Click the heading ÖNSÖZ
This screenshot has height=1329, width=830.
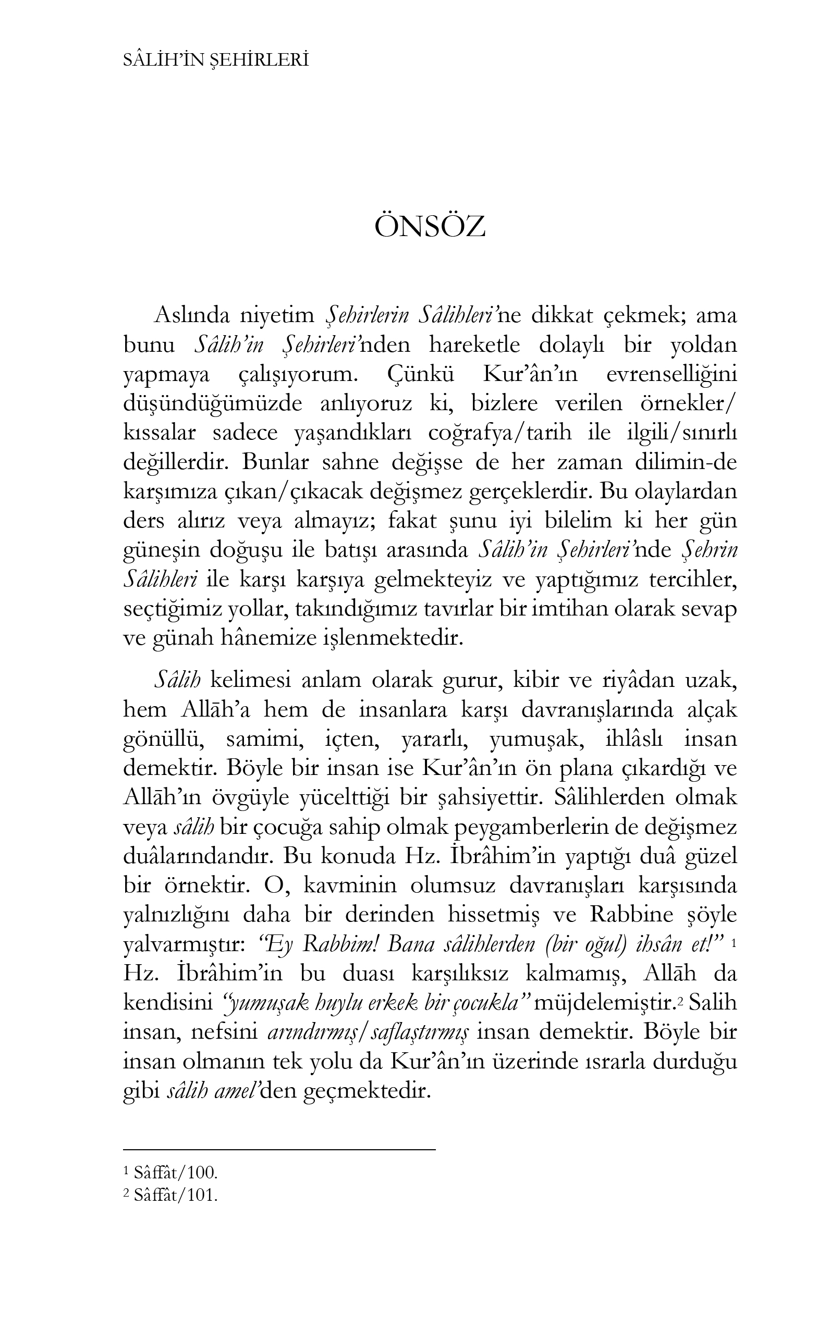pos(430,227)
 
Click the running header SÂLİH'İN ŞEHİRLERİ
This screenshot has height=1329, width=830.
pos(216,60)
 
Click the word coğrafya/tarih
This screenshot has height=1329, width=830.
pos(500,433)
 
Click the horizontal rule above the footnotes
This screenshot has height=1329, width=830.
pos(279,1149)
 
